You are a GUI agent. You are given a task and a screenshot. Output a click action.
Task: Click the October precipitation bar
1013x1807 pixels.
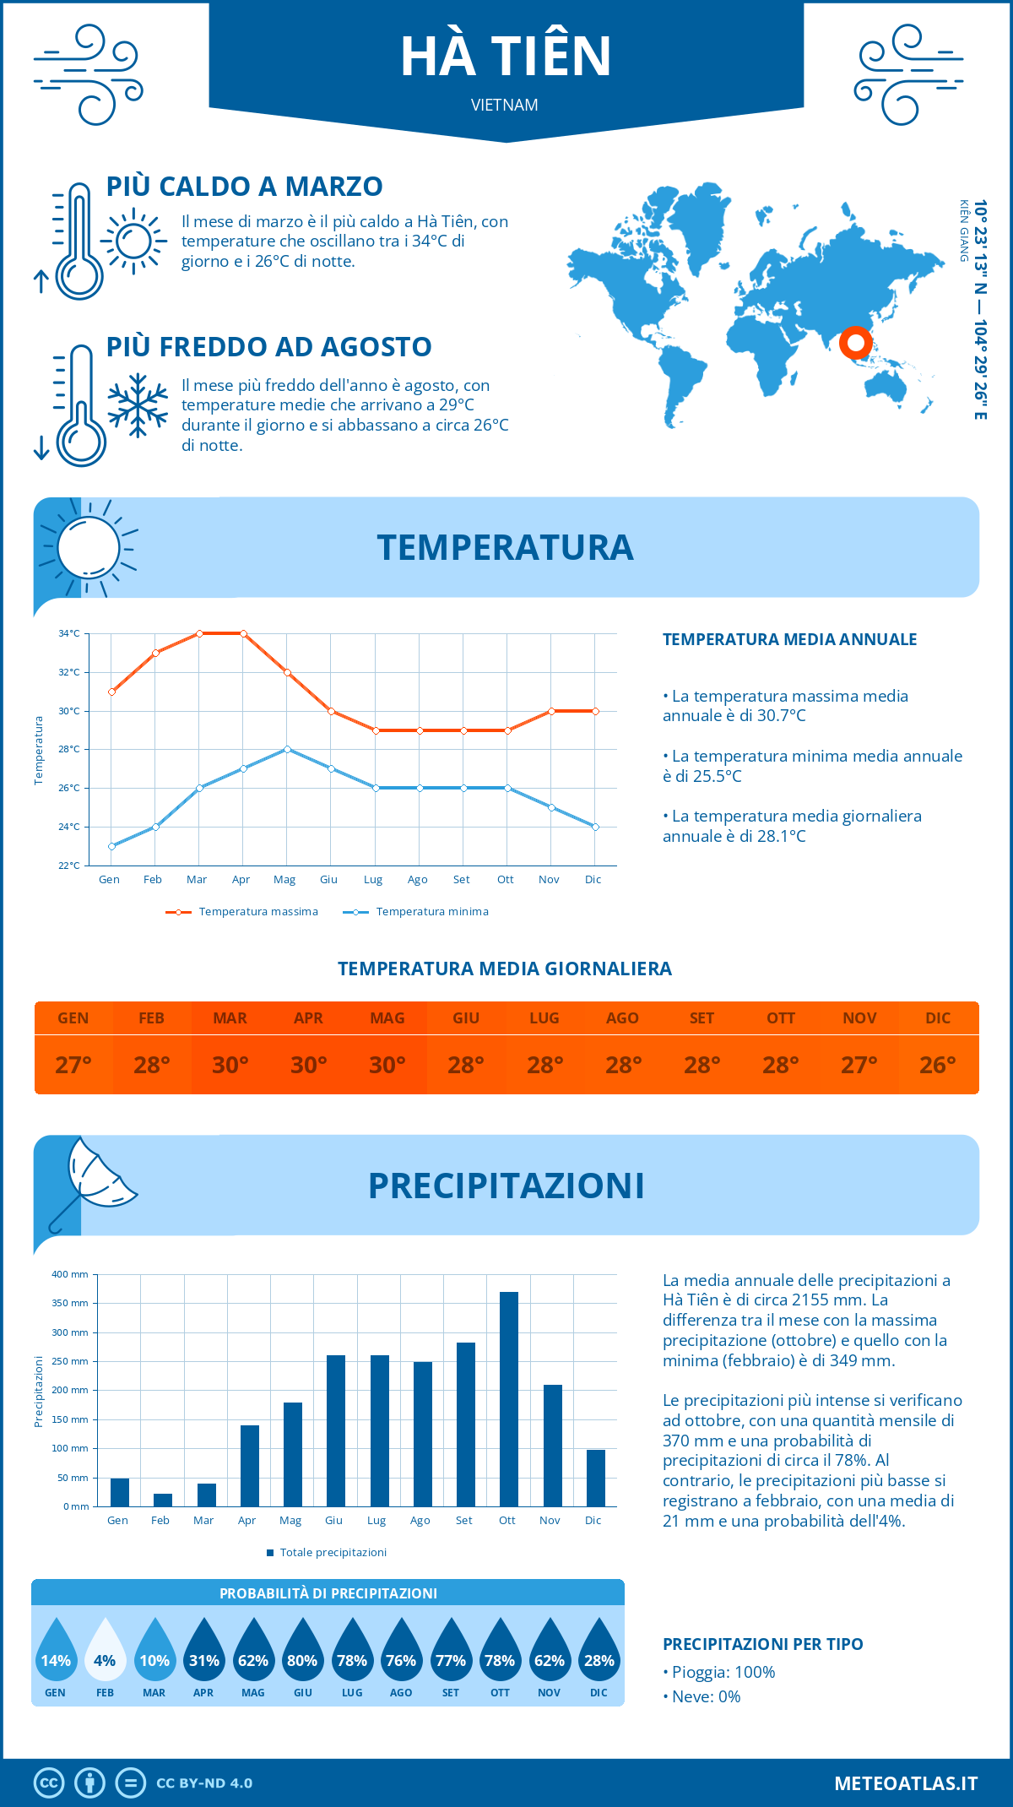point(508,1399)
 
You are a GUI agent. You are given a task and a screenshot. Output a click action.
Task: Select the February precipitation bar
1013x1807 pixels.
point(163,1500)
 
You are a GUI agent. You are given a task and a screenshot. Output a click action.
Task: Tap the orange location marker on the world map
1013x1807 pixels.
point(855,343)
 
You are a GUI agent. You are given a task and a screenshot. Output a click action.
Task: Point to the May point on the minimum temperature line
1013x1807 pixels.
point(288,749)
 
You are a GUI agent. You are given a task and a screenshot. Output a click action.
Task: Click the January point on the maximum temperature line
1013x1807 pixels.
point(111,692)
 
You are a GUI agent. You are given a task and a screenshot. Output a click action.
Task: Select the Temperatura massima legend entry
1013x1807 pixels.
point(242,912)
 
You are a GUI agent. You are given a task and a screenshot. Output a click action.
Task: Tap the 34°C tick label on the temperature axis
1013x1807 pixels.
point(69,633)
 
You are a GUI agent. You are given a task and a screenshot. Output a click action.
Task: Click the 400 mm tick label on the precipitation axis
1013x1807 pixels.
point(70,1274)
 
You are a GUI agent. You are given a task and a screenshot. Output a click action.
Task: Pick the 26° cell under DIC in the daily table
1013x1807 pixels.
point(938,1065)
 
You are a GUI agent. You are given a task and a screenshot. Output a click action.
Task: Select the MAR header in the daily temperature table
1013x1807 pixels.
point(230,1018)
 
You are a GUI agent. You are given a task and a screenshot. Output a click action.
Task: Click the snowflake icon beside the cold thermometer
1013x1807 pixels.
point(138,405)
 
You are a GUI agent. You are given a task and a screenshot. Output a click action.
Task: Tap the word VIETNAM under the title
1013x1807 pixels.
point(505,105)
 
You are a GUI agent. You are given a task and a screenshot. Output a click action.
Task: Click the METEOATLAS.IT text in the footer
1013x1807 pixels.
point(906,1783)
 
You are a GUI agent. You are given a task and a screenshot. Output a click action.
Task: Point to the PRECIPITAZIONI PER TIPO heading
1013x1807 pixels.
point(763,1644)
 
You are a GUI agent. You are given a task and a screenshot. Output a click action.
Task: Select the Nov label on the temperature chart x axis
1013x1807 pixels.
point(549,880)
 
